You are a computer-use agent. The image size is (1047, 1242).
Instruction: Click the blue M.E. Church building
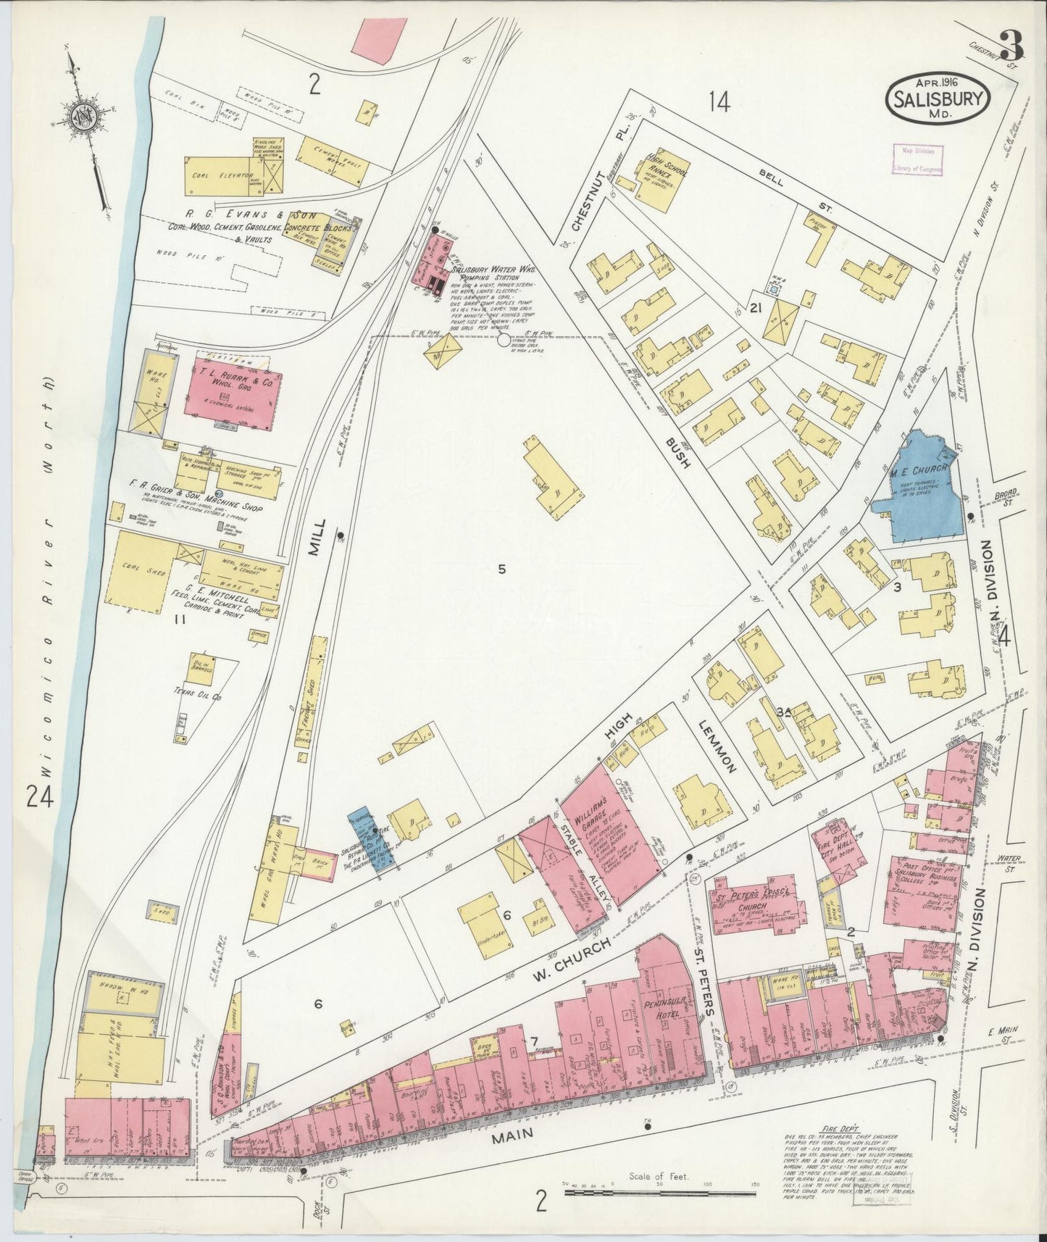tap(919, 487)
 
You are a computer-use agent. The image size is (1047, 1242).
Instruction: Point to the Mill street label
tap(317, 538)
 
